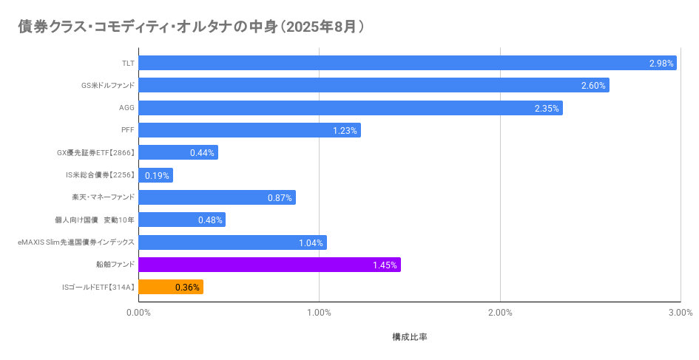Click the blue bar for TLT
407,63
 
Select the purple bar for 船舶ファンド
269,265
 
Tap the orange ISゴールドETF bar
171,287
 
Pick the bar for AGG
350,108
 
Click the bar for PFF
249,130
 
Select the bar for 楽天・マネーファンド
217,197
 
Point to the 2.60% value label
593,86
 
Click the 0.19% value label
157,176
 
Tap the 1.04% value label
311,242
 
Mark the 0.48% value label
210,220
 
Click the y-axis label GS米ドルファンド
108,86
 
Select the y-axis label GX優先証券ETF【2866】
95,153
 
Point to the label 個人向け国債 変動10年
95,220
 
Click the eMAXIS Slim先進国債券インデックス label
76,242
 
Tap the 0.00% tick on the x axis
138,313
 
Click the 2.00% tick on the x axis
500,313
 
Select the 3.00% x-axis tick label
681,313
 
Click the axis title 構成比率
410,337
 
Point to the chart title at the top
191,27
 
